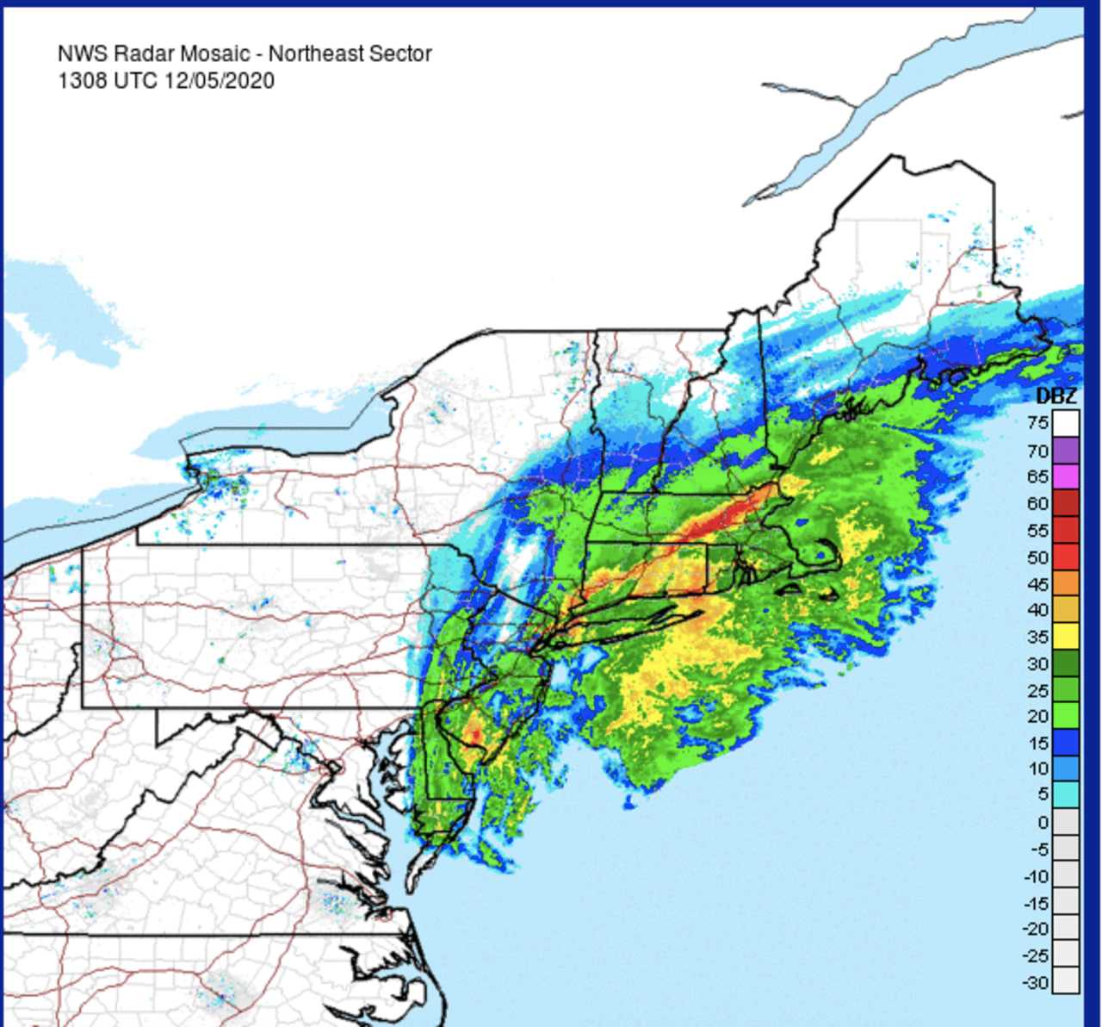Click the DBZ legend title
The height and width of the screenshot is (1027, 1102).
[1056, 396]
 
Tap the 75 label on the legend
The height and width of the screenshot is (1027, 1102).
[1037, 422]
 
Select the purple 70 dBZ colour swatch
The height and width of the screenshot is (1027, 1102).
[1066, 451]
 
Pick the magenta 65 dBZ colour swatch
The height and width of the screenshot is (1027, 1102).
[1066, 476]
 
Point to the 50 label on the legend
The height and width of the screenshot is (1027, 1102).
[1037, 557]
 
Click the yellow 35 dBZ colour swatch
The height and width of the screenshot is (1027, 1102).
[1066, 636]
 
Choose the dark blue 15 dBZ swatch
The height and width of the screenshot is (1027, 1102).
[1066, 743]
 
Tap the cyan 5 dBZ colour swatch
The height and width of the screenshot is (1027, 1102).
[1066, 794]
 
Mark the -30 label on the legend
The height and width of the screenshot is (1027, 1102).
[1036, 982]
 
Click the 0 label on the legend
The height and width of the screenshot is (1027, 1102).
[1043, 822]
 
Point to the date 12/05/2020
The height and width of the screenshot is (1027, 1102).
[220, 80]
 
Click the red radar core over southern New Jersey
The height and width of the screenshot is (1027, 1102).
[474, 735]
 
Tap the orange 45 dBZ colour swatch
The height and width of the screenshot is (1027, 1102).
[1066, 583]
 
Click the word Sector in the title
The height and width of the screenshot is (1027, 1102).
[402, 53]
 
